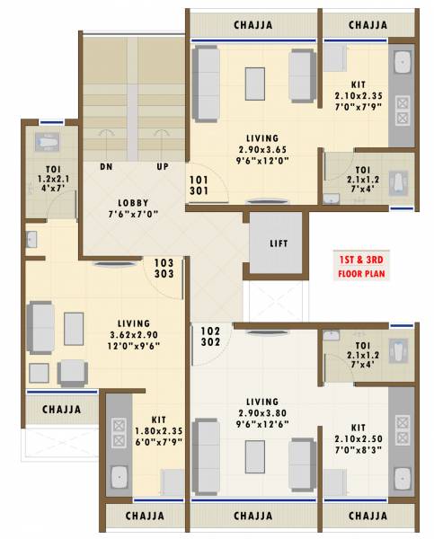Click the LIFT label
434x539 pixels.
point(279,243)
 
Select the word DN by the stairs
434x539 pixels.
point(106,167)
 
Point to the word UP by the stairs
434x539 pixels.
point(163,167)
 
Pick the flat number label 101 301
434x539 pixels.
point(199,184)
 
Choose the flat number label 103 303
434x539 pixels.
point(164,269)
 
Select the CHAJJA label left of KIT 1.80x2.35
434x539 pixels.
point(62,410)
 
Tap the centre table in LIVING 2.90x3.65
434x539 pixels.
point(255,84)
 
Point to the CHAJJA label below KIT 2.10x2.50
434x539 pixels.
point(369,517)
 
